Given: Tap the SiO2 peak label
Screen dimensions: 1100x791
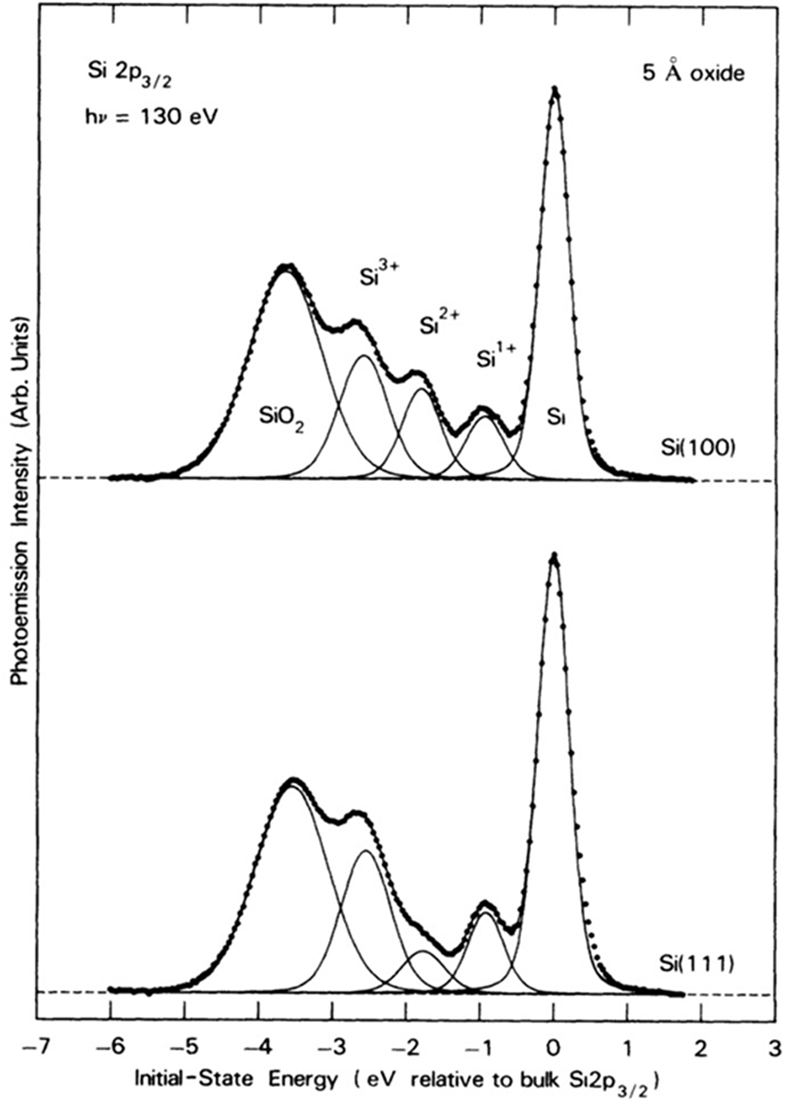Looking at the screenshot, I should coord(281,414).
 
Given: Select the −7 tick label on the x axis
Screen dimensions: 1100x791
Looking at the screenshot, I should coord(33,1046).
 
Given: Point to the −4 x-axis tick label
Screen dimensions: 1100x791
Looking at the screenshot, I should coord(255,1046).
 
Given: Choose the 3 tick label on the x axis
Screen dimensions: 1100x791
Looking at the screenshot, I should coord(776,1046).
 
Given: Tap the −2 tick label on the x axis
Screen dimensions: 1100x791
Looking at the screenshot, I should coord(403,1046).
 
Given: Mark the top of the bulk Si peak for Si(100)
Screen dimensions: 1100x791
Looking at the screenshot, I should coord(555,89).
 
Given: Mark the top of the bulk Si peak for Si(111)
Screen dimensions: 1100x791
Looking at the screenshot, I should coord(554,556).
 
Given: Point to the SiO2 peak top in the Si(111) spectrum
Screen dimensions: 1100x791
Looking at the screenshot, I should coord(291,782).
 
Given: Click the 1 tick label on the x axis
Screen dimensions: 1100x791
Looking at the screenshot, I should coord(628,1046).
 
